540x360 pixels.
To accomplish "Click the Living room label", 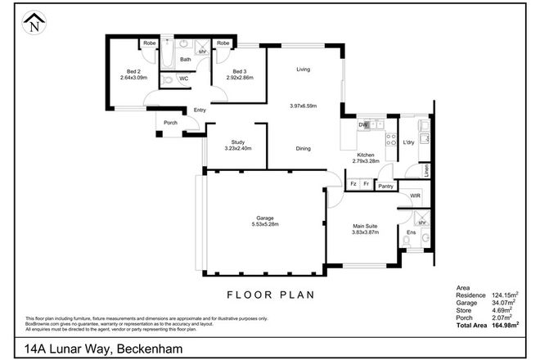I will click(304, 70).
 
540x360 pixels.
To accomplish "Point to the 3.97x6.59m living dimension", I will click(303, 106).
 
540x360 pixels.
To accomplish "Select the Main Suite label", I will click(364, 227).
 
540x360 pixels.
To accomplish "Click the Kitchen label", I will click(366, 154).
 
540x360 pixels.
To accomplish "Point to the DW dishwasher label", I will click(362, 124).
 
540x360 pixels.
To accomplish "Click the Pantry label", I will click(386, 186).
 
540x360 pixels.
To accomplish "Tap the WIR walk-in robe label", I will click(415, 196).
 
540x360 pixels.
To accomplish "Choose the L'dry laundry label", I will click(408, 142).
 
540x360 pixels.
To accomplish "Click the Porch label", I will click(170, 124).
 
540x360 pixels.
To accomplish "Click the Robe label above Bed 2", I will click(150, 43).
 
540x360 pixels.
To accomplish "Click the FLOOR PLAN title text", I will click(269, 294).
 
